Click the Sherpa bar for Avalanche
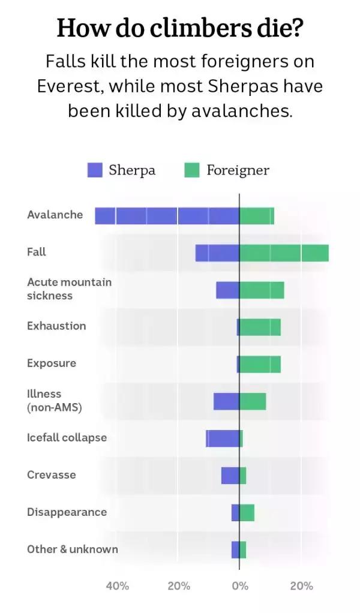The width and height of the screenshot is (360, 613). pos(167,216)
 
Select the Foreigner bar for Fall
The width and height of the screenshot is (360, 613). pos(284,253)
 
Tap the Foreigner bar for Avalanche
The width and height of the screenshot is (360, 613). pos(257,216)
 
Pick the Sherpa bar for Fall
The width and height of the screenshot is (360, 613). pos(217,253)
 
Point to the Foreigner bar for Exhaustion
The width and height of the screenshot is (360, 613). pos(260,327)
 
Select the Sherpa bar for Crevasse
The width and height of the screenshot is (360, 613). pos(230,476)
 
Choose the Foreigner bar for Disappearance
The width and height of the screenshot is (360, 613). pos(247,513)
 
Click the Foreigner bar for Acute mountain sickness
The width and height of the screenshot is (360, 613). pos(262,290)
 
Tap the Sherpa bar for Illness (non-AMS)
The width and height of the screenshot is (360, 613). pos(226,401)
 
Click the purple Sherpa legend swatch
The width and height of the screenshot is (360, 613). pos(95,170)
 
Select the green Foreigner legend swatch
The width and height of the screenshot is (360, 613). pos(191,170)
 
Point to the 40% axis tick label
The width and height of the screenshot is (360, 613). pos(118,586)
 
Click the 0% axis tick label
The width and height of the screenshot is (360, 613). pos(239,586)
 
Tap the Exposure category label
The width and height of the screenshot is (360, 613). pos(52,363)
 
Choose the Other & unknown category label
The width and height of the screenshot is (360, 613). pos(73,549)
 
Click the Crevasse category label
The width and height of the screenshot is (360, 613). pos(52,475)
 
